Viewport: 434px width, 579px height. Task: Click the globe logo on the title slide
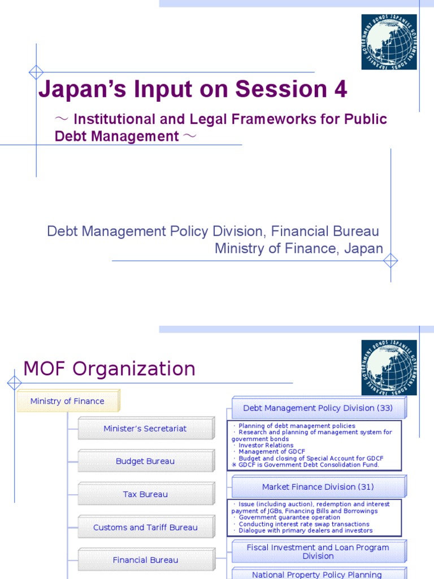click(389, 42)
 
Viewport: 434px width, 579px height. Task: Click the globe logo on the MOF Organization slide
click(389, 368)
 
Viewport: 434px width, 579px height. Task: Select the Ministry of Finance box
click(68, 401)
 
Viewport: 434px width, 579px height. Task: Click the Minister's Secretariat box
click(145, 429)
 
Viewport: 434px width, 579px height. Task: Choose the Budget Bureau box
click(145, 461)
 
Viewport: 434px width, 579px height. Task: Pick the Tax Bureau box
click(145, 494)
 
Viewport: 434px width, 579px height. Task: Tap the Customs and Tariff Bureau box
click(145, 528)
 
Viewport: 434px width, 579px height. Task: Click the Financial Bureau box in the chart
click(145, 560)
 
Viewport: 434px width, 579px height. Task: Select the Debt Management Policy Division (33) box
click(318, 408)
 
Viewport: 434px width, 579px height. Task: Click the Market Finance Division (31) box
click(318, 487)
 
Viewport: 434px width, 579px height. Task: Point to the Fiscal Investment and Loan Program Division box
click(318, 552)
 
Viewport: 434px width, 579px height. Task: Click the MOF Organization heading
click(109, 369)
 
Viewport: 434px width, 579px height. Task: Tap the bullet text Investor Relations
click(266, 446)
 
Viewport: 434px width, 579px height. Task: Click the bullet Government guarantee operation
click(289, 517)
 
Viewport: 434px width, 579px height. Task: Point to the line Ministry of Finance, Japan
click(298, 249)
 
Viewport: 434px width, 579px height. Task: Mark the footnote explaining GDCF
click(306, 465)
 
